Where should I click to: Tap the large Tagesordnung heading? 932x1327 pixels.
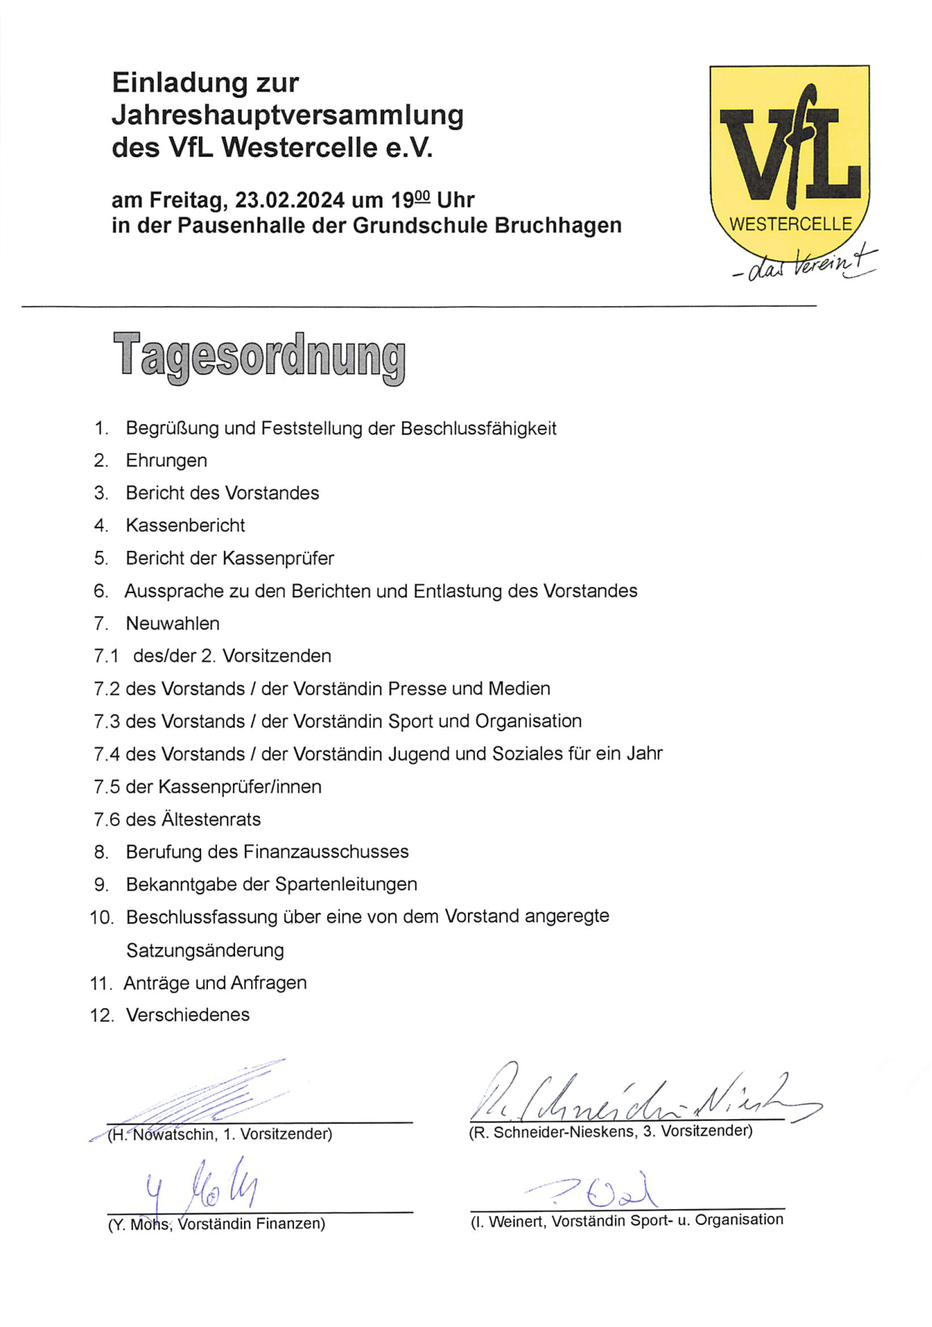pyautogui.click(x=259, y=357)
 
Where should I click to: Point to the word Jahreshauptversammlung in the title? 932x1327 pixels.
pyautogui.click(x=288, y=115)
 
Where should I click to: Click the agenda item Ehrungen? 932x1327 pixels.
pyautogui.click(x=166, y=460)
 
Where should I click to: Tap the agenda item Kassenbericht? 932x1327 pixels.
pyautogui.click(x=185, y=525)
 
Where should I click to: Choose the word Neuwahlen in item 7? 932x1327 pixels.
pyautogui.click(x=172, y=623)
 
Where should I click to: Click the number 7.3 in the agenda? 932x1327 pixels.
pyautogui.click(x=107, y=722)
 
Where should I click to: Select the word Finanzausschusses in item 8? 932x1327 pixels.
pyautogui.click(x=326, y=852)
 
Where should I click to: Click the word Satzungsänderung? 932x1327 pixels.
pyautogui.click(x=205, y=950)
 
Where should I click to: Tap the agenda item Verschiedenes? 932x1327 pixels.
pyautogui.click(x=187, y=1015)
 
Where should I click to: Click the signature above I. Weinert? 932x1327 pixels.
pyautogui.click(x=597, y=1192)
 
